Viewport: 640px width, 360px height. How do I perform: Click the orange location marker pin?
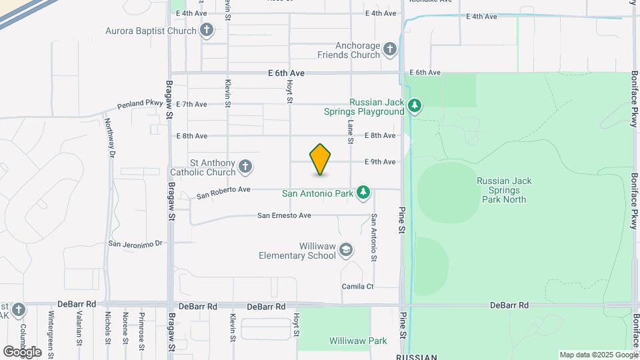pyautogui.click(x=321, y=160)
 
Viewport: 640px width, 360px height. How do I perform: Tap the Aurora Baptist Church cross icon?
pyautogui.click(x=207, y=30)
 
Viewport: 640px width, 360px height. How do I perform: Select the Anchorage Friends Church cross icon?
pyautogui.click(x=390, y=49)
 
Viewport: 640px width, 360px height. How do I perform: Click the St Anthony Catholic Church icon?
pyautogui.click(x=245, y=167)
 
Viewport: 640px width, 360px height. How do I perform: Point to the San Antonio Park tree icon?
pyautogui.click(x=363, y=193)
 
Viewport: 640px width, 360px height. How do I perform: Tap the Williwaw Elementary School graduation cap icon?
pyautogui.click(x=346, y=250)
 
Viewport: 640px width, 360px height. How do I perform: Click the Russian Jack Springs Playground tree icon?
pyautogui.click(x=415, y=106)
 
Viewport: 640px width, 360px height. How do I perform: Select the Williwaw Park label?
pyautogui.click(x=358, y=341)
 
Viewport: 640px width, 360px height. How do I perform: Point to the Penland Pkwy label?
pyautogui.click(x=140, y=105)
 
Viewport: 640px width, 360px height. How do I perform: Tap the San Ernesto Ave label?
pyautogui.click(x=285, y=215)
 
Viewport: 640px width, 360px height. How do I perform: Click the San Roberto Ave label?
pyautogui.click(x=223, y=193)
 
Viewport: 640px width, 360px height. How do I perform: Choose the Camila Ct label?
pyautogui.click(x=358, y=286)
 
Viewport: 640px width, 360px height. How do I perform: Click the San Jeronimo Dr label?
pyautogui.click(x=136, y=244)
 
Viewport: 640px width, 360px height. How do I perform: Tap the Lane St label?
pyautogui.click(x=350, y=129)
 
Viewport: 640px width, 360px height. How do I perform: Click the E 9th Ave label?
pyautogui.click(x=380, y=162)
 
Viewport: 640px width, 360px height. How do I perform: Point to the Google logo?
pyautogui.click(x=23, y=351)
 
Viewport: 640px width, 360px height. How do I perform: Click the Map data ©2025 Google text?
pyautogui.click(x=597, y=355)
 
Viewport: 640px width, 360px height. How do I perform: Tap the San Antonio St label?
pyautogui.click(x=374, y=237)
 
